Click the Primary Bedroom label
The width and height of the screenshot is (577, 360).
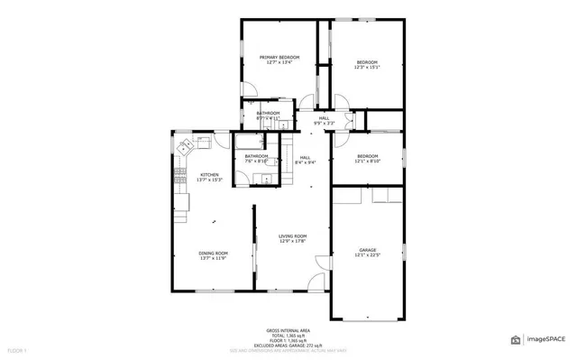pyautogui.click(x=279, y=57)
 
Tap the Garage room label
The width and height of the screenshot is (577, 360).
pyautogui.click(x=367, y=249)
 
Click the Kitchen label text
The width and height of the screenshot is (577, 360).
pyautogui.click(x=209, y=174)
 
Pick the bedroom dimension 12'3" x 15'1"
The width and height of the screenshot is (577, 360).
pyautogui.click(x=367, y=67)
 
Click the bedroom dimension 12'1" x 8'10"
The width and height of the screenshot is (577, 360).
pyautogui.click(x=367, y=161)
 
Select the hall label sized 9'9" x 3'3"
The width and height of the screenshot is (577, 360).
pyautogui.click(x=324, y=123)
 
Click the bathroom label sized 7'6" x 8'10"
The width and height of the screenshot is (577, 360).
pyautogui.click(x=256, y=161)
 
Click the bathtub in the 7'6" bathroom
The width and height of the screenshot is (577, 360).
pyautogui.click(x=256, y=142)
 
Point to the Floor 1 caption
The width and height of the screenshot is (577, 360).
pyautogui.click(x=17, y=349)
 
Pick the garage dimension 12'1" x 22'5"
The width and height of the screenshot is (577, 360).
pyautogui.click(x=367, y=255)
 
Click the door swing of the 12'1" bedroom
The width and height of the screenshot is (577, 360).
pyautogui.click(x=342, y=138)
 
